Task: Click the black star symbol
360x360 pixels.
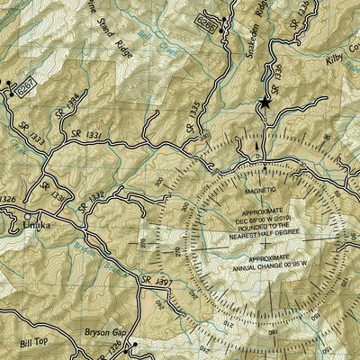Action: [x=265, y=103]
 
